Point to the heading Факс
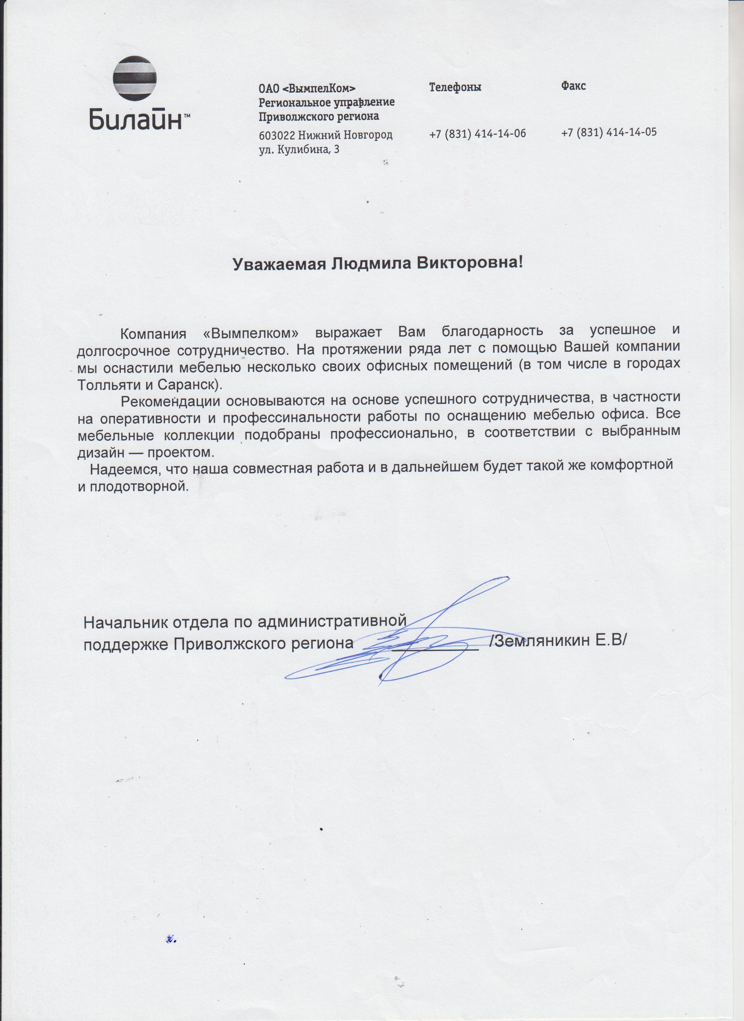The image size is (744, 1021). [x=573, y=85]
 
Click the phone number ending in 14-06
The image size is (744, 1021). [x=477, y=133]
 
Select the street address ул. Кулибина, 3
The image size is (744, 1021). [x=299, y=150]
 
